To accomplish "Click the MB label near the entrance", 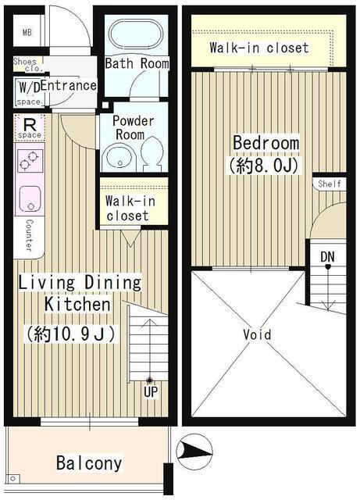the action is pos(27,32).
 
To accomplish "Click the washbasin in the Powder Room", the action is pos(119,159).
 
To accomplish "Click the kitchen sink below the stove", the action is pos(30,199).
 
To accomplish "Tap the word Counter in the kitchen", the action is pos(30,235).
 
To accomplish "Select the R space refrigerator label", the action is pos(30,128).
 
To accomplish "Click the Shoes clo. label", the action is pos(27,64).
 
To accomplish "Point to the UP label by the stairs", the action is pos(151,392).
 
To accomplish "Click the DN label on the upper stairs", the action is pos(327,257).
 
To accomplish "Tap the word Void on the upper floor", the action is pos(257,334).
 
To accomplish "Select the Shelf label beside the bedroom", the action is pos(330,184).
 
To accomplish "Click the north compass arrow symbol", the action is pos(194,452).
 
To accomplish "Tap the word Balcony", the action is pos(89,463).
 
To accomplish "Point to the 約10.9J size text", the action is pos(71,334).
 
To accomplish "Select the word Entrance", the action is pos(69,85).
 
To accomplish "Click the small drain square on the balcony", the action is pos(12,478).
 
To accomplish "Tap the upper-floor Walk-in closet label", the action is pos(259,48).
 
